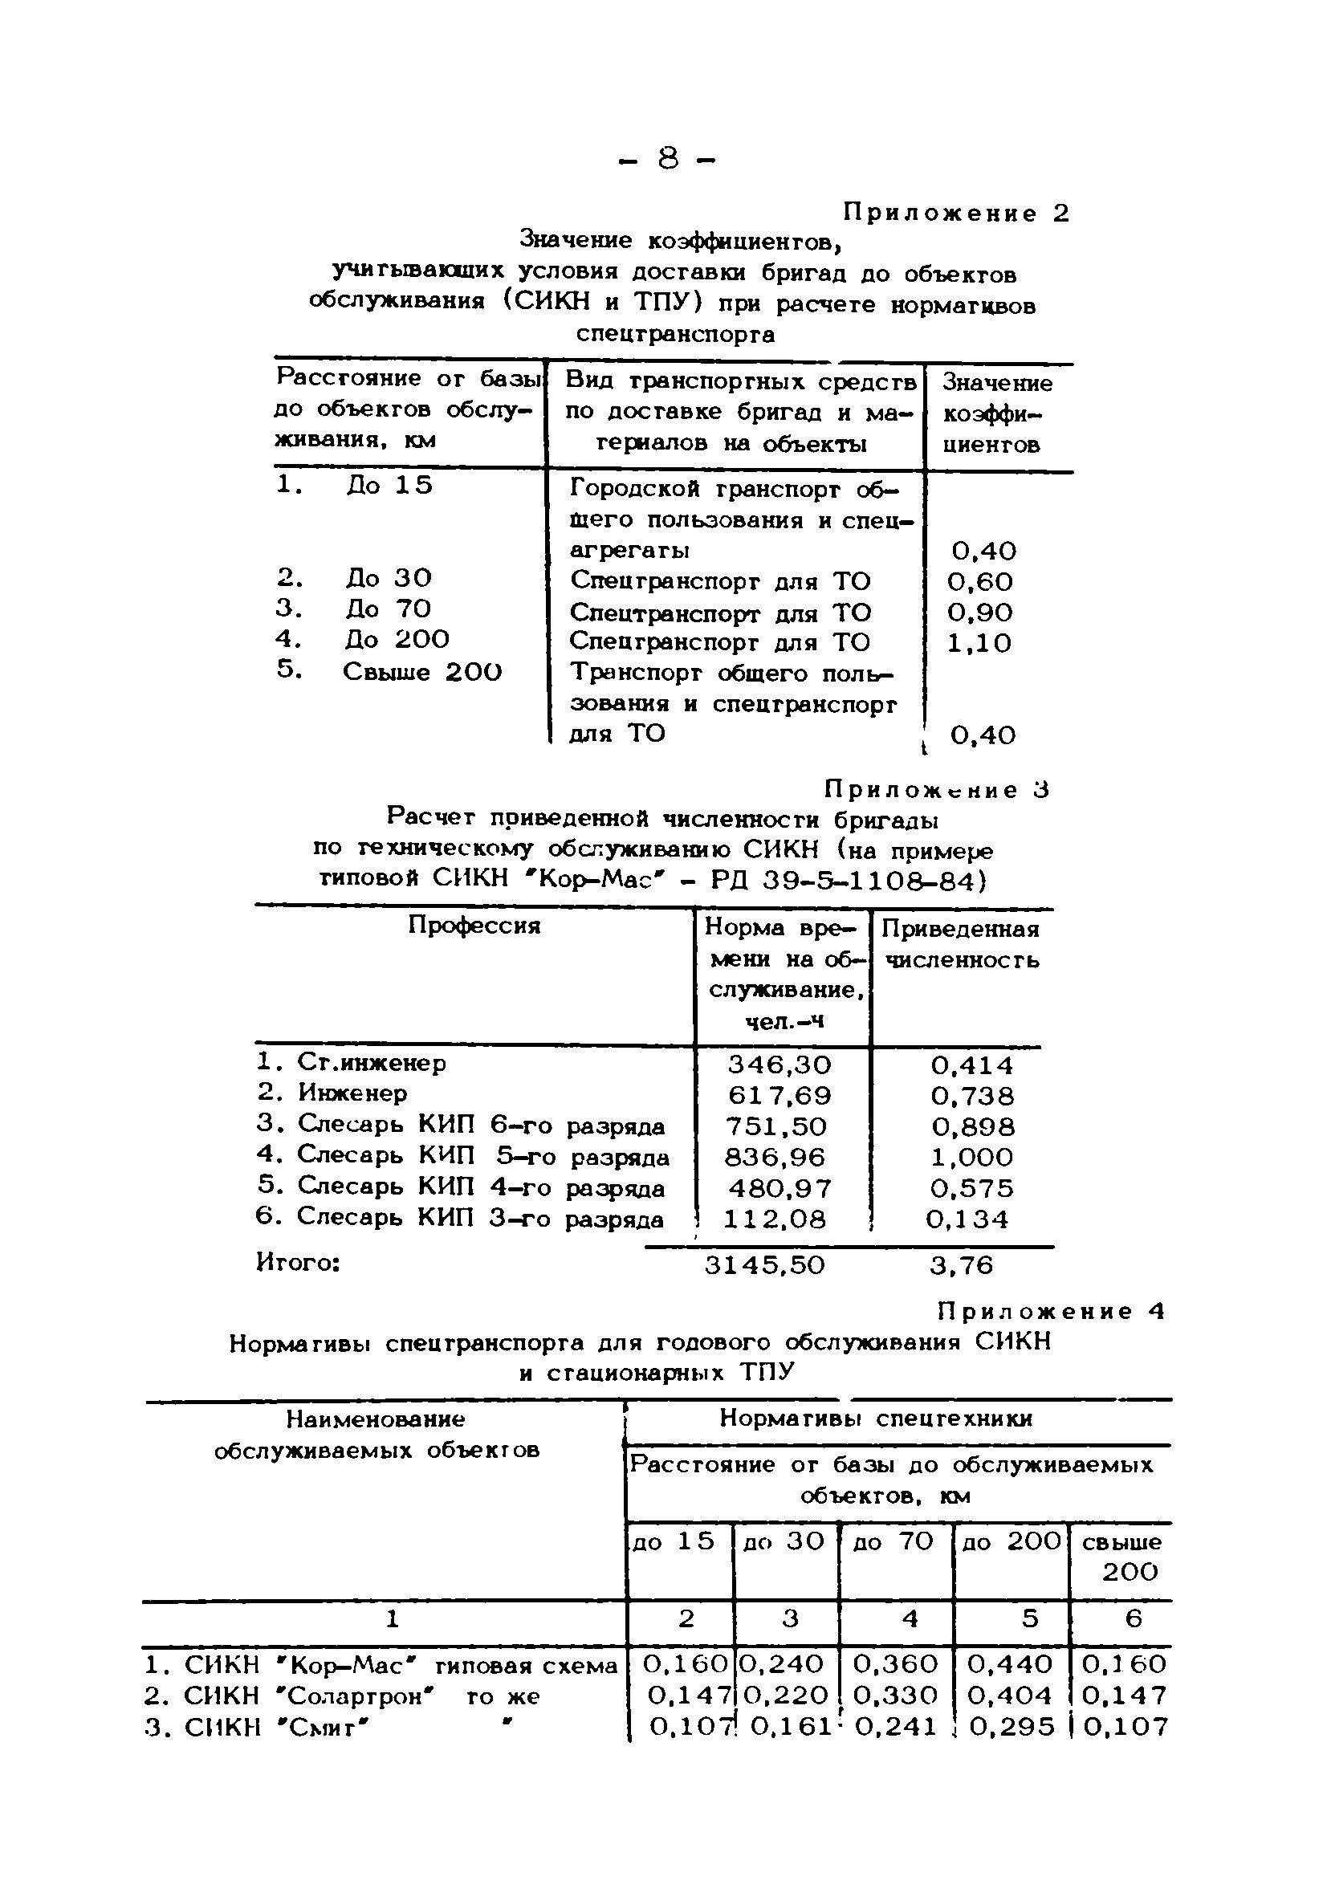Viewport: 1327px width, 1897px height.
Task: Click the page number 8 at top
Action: pyautogui.click(x=667, y=158)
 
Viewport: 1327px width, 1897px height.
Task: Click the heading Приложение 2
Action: pyautogui.click(x=955, y=214)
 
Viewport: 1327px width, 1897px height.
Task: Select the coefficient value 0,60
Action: pyautogui.click(x=979, y=582)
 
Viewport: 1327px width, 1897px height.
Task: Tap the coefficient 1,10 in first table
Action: pyautogui.click(x=979, y=643)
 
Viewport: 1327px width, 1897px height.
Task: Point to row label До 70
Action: pyautogui.click(x=389, y=609)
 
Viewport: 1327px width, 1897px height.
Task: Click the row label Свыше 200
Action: pyautogui.click(x=421, y=672)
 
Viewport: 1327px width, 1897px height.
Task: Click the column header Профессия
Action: pyautogui.click(x=474, y=926)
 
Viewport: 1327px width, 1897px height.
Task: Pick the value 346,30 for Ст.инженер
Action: pyautogui.click(x=780, y=1065)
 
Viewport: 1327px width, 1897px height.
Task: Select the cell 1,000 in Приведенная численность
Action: pyautogui.click(x=971, y=1157)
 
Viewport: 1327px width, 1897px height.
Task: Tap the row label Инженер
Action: pyautogui.click(x=352, y=1093)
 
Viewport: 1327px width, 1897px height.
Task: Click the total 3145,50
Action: pyautogui.click(x=764, y=1265)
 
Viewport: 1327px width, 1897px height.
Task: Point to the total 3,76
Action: pyautogui.click(x=961, y=1265)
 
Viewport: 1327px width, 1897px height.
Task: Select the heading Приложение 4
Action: pyautogui.click(x=1051, y=1311)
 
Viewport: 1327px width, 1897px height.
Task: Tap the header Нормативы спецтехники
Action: pyautogui.click(x=876, y=1419)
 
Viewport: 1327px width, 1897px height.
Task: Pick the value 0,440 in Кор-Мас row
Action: pyautogui.click(x=1009, y=1663)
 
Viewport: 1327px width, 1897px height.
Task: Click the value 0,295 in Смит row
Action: pyautogui.click(x=1012, y=1727)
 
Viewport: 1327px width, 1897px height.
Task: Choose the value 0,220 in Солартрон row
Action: pyautogui.click(x=785, y=1695)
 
